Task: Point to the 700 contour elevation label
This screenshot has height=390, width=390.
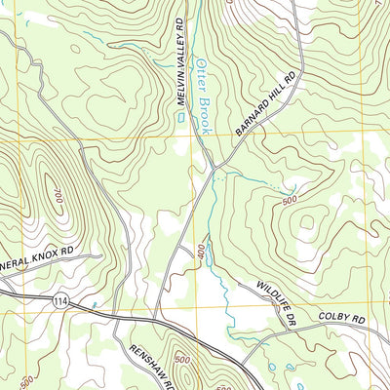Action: [57, 198]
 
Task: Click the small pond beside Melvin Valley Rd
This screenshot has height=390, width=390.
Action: [181, 119]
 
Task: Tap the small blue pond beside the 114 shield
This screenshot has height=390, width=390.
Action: [93, 306]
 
